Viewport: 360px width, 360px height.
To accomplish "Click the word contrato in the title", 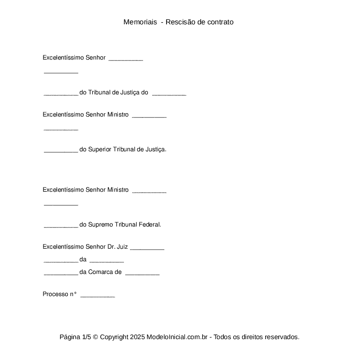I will coord(220,22).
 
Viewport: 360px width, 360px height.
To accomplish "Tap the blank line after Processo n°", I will coord(98,296).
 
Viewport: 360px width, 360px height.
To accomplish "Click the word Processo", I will coord(55,294).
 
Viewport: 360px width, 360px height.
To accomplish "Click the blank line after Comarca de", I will coord(142,274).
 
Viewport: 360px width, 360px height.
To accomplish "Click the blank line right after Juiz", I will coord(147,248).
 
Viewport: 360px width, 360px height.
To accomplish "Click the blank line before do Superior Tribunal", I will coord(61,151).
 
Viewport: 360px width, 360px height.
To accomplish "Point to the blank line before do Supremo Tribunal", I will coord(61,226).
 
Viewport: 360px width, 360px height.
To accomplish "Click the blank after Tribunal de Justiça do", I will coord(169,94).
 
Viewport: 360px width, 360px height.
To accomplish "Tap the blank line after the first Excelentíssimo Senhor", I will coord(126,59).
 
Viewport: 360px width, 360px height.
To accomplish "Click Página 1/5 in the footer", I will coord(75,337).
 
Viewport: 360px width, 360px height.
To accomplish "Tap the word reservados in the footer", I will coord(282,337).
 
